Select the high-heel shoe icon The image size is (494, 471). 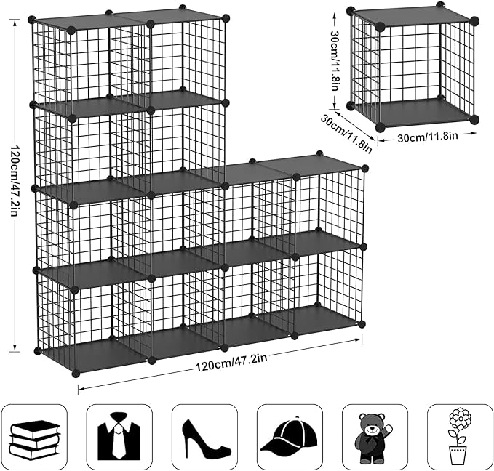[x=204, y=436]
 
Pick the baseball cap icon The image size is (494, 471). [x=289, y=437]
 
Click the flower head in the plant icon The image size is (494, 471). [x=460, y=419]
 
